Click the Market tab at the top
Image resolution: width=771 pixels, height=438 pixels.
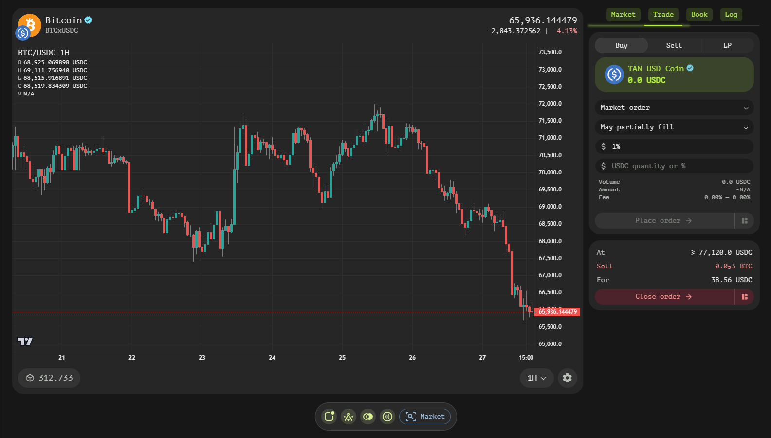(623, 15)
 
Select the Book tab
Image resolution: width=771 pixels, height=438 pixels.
(699, 15)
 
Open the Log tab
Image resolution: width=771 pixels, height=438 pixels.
(731, 15)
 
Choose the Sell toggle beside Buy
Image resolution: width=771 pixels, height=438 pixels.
(674, 45)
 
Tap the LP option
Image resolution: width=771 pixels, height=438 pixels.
(727, 45)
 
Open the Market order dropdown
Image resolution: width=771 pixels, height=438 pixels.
(674, 108)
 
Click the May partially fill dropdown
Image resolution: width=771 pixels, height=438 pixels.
(674, 127)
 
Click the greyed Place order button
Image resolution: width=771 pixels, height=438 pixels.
(663, 221)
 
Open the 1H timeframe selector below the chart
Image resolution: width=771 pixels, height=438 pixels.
(536, 378)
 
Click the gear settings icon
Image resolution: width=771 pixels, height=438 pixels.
(567, 378)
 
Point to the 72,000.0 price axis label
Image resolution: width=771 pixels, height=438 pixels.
(550, 104)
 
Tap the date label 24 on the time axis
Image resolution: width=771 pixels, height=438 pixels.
(272, 358)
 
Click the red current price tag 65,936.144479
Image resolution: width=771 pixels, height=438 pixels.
(557, 312)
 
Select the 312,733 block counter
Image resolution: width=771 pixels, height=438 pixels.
(49, 378)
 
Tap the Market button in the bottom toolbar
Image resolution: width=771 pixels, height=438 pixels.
(425, 417)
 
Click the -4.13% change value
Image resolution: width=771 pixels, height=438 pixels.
(565, 31)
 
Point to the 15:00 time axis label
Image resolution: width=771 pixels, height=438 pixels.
(526, 358)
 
